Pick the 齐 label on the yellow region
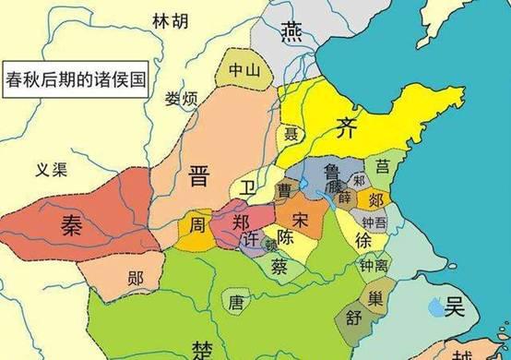click(x=346, y=126)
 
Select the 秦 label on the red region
click(x=73, y=223)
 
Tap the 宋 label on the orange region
click(x=301, y=219)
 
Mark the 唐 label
click(x=236, y=300)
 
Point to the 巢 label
click(x=376, y=297)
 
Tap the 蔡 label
click(x=279, y=265)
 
